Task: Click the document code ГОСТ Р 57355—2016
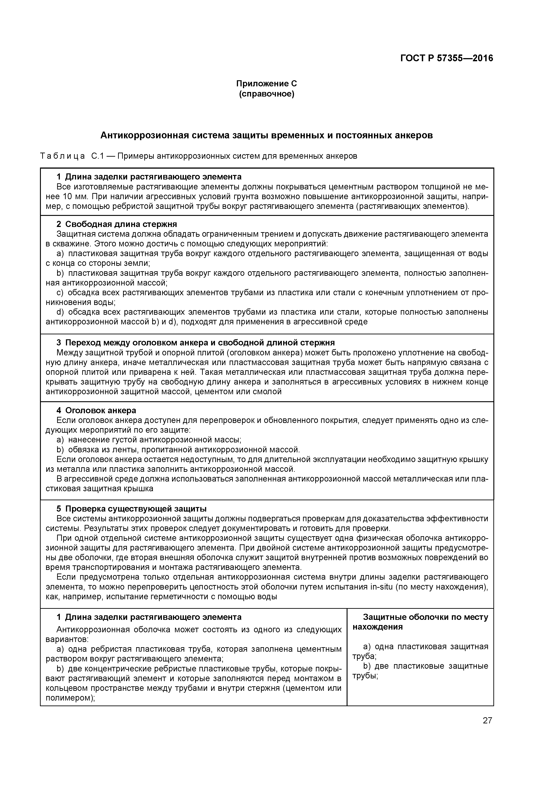[446, 58]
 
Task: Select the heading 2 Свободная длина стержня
[117, 224]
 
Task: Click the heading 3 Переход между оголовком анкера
[195, 343]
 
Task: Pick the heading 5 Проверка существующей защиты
[131, 509]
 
